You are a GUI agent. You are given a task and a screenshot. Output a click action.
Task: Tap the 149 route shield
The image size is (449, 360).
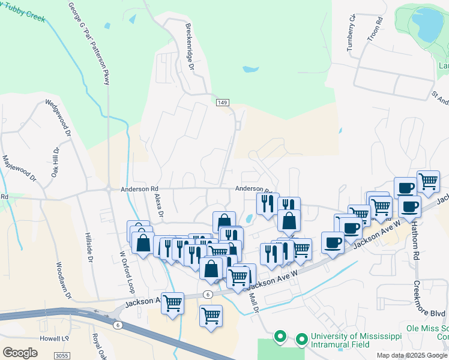(x=221, y=104)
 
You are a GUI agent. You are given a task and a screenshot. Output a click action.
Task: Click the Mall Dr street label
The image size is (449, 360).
(x=253, y=299)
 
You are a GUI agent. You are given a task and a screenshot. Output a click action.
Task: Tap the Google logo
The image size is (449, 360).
(x=20, y=353)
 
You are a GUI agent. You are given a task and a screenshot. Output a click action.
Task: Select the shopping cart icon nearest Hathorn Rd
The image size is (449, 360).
(x=428, y=181)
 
